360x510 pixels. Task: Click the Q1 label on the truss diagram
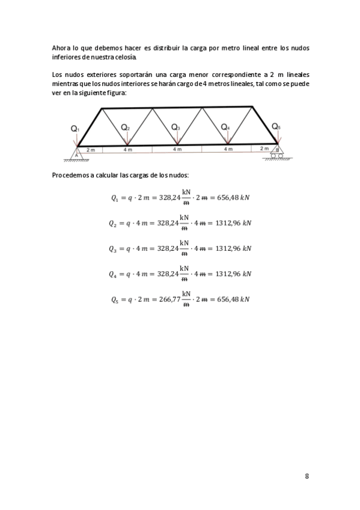click(x=75, y=129)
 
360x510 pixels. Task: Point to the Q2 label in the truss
click(x=125, y=127)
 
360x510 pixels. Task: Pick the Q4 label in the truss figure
click(x=225, y=127)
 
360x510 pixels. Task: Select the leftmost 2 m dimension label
click(x=90, y=149)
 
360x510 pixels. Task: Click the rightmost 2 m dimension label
click(x=264, y=148)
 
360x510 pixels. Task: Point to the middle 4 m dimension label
click(x=177, y=149)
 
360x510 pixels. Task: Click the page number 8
click(x=307, y=476)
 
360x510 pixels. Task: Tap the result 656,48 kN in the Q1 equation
click(x=230, y=198)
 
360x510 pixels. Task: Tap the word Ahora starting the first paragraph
click(x=61, y=48)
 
